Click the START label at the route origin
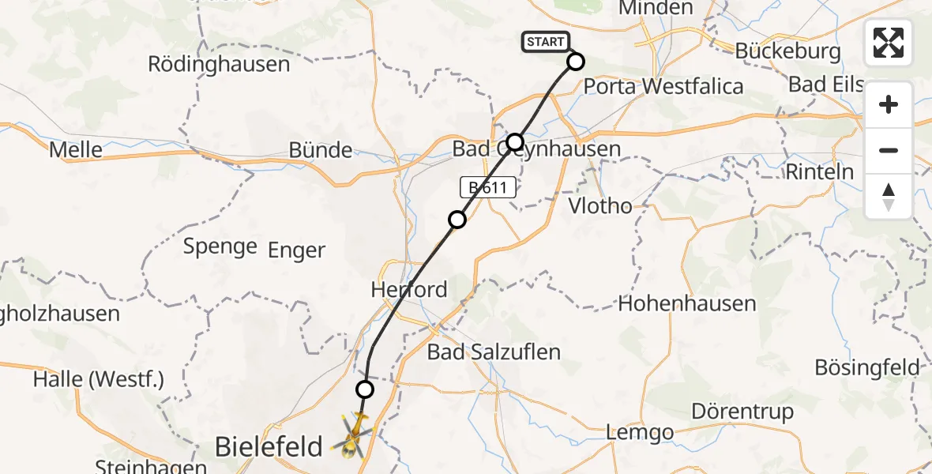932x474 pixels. click(x=545, y=42)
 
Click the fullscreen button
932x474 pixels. click(x=889, y=43)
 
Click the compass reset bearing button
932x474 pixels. click(x=889, y=197)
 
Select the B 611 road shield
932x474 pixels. click(x=489, y=188)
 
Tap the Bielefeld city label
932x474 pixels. click(x=269, y=447)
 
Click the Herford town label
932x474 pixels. click(x=409, y=289)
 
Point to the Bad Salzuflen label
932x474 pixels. click(x=494, y=352)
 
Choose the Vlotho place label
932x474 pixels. click(x=601, y=207)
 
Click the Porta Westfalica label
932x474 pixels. click(x=663, y=85)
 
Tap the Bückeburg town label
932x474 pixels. click(x=787, y=51)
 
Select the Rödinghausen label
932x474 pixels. click(x=219, y=64)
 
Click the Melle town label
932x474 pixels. click(x=76, y=149)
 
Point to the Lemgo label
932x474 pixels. click(x=640, y=432)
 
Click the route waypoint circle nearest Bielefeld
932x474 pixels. click(x=364, y=389)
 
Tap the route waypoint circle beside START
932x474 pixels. click(x=575, y=62)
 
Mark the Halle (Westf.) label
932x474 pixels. click(x=98, y=379)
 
